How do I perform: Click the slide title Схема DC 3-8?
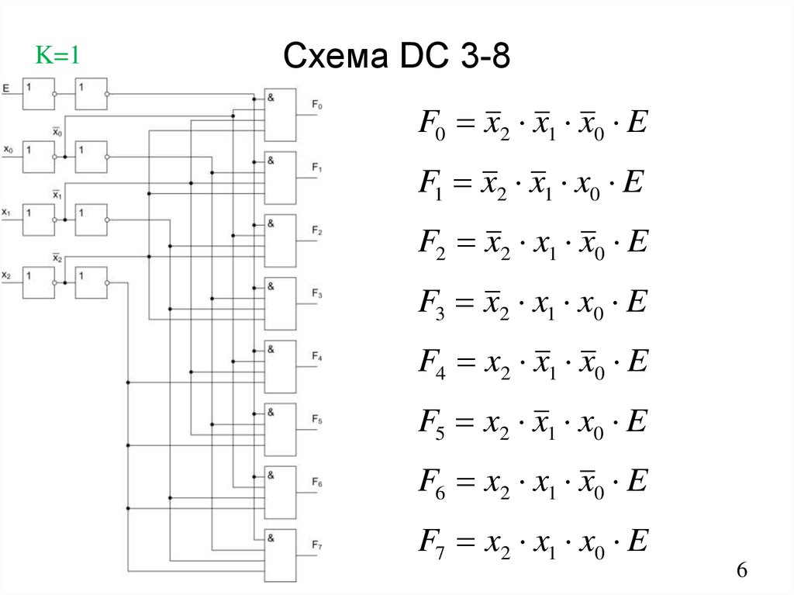tap(396, 56)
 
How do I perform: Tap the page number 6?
tap(741, 571)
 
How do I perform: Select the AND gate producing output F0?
tap(280, 114)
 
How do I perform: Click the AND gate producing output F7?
tap(280, 555)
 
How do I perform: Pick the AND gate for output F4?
tap(280, 366)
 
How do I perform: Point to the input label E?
tap(6, 89)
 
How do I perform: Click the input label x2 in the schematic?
tap(7, 275)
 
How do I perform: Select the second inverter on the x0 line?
tap(91, 157)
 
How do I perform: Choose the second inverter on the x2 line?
tap(91, 282)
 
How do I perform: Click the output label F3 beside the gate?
tap(317, 293)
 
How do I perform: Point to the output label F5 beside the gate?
tap(317, 420)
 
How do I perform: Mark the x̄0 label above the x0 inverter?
tap(57, 132)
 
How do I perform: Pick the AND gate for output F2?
tap(280, 240)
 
